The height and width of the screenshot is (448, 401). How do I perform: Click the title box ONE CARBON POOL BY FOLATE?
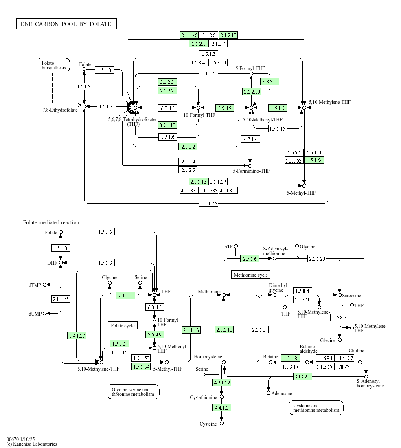(x=66, y=24)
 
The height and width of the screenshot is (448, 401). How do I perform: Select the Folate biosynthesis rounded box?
(x=53, y=65)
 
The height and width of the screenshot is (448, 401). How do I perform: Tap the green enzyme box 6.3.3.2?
(x=270, y=82)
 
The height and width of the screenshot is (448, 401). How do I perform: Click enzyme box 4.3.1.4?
(x=250, y=139)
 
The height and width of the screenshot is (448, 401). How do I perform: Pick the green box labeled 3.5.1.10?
(x=168, y=125)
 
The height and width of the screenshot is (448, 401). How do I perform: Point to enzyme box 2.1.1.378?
(x=189, y=190)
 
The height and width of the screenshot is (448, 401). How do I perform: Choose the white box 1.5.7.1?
(x=294, y=153)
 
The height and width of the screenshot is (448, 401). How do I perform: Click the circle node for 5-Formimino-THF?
(x=250, y=166)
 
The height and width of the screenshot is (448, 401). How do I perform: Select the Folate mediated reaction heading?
(x=51, y=222)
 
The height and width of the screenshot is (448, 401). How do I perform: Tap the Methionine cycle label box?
(x=251, y=275)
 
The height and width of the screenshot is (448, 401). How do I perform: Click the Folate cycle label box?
(x=123, y=326)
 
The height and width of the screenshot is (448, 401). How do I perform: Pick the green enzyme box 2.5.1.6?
(x=250, y=259)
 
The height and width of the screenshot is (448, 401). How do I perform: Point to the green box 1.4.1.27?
(x=77, y=336)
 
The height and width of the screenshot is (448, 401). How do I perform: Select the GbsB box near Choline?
(x=344, y=367)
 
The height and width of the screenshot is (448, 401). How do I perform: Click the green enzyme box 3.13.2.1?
(x=302, y=377)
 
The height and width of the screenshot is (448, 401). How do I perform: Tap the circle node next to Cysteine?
(x=221, y=424)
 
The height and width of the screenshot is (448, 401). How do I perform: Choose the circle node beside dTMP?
(x=44, y=285)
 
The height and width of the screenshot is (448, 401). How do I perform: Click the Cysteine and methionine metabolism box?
(x=316, y=408)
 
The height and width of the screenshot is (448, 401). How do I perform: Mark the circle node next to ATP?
(x=236, y=246)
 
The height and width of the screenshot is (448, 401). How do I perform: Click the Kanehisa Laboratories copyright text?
(x=32, y=444)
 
